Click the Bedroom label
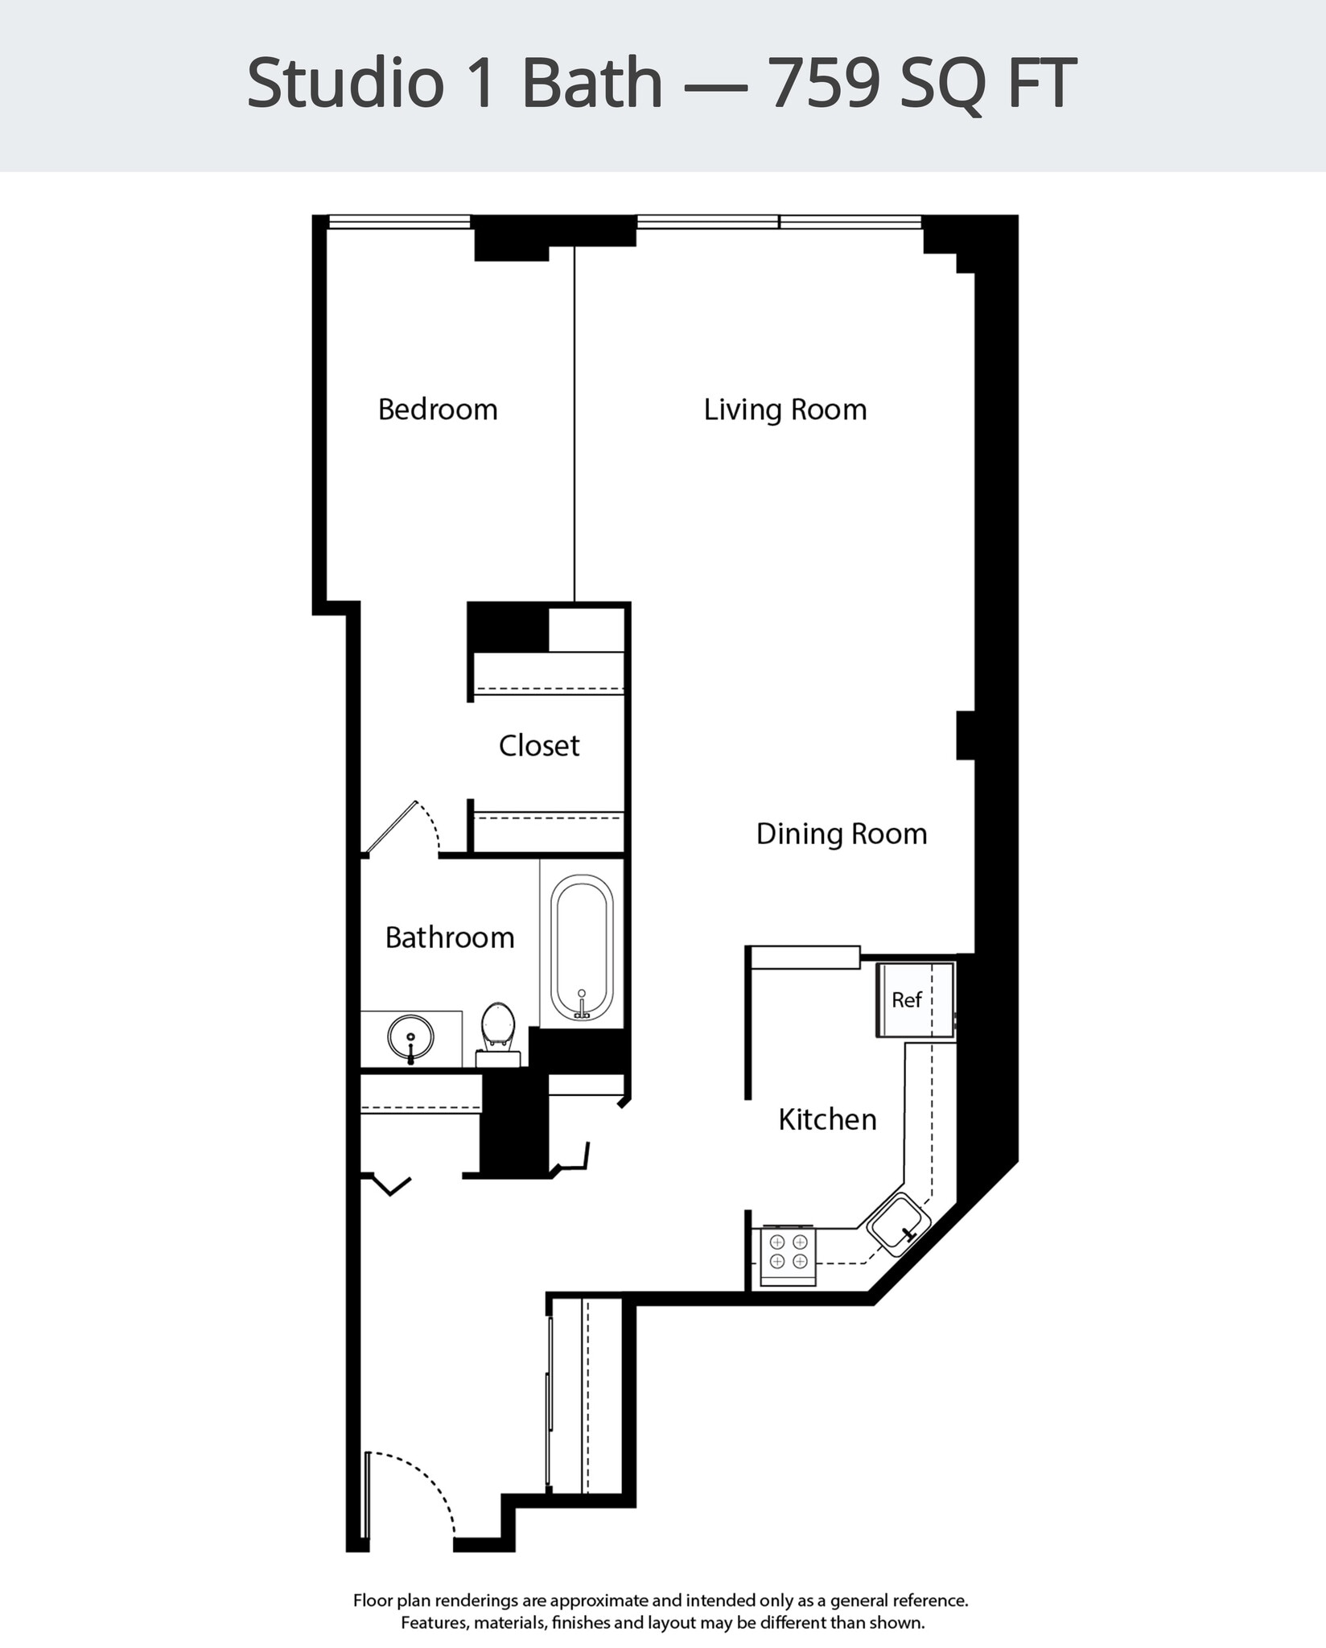click(x=438, y=410)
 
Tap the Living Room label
click(x=784, y=410)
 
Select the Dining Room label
click(x=841, y=834)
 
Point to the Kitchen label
click(x=827, y=1119)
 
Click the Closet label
click(x=538, y=745)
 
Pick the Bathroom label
click(x=449, y=937)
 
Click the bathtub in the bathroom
click(x=582, y=948)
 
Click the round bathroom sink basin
click(x=410, y=1036)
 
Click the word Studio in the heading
click(x=345, y=83)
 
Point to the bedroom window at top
click(x=399, y=221)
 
